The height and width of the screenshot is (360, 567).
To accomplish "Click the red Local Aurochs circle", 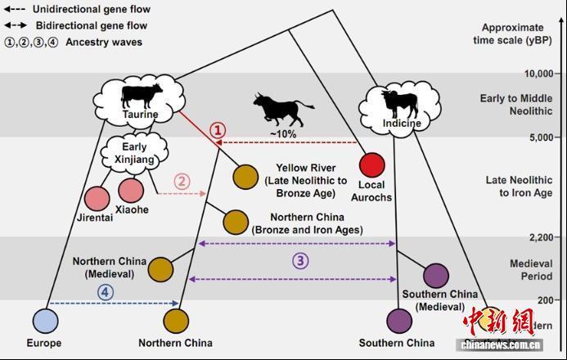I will [372, 165].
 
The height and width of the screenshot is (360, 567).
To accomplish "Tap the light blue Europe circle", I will [46, 318].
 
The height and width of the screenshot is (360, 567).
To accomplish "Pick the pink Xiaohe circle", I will [131, 191].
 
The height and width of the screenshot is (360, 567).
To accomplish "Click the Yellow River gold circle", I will [245, 176].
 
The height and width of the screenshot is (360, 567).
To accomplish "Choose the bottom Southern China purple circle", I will [399, 318].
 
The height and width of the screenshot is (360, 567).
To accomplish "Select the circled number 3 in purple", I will [301, 261].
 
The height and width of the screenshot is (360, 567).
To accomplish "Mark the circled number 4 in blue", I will [106, 291].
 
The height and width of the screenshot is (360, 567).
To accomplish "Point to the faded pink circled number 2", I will [182, 182].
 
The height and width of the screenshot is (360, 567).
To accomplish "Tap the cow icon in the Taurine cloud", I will [141, 95].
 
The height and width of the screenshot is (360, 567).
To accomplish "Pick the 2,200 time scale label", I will [525, 237].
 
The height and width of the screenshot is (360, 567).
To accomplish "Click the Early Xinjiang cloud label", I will [135, 151].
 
